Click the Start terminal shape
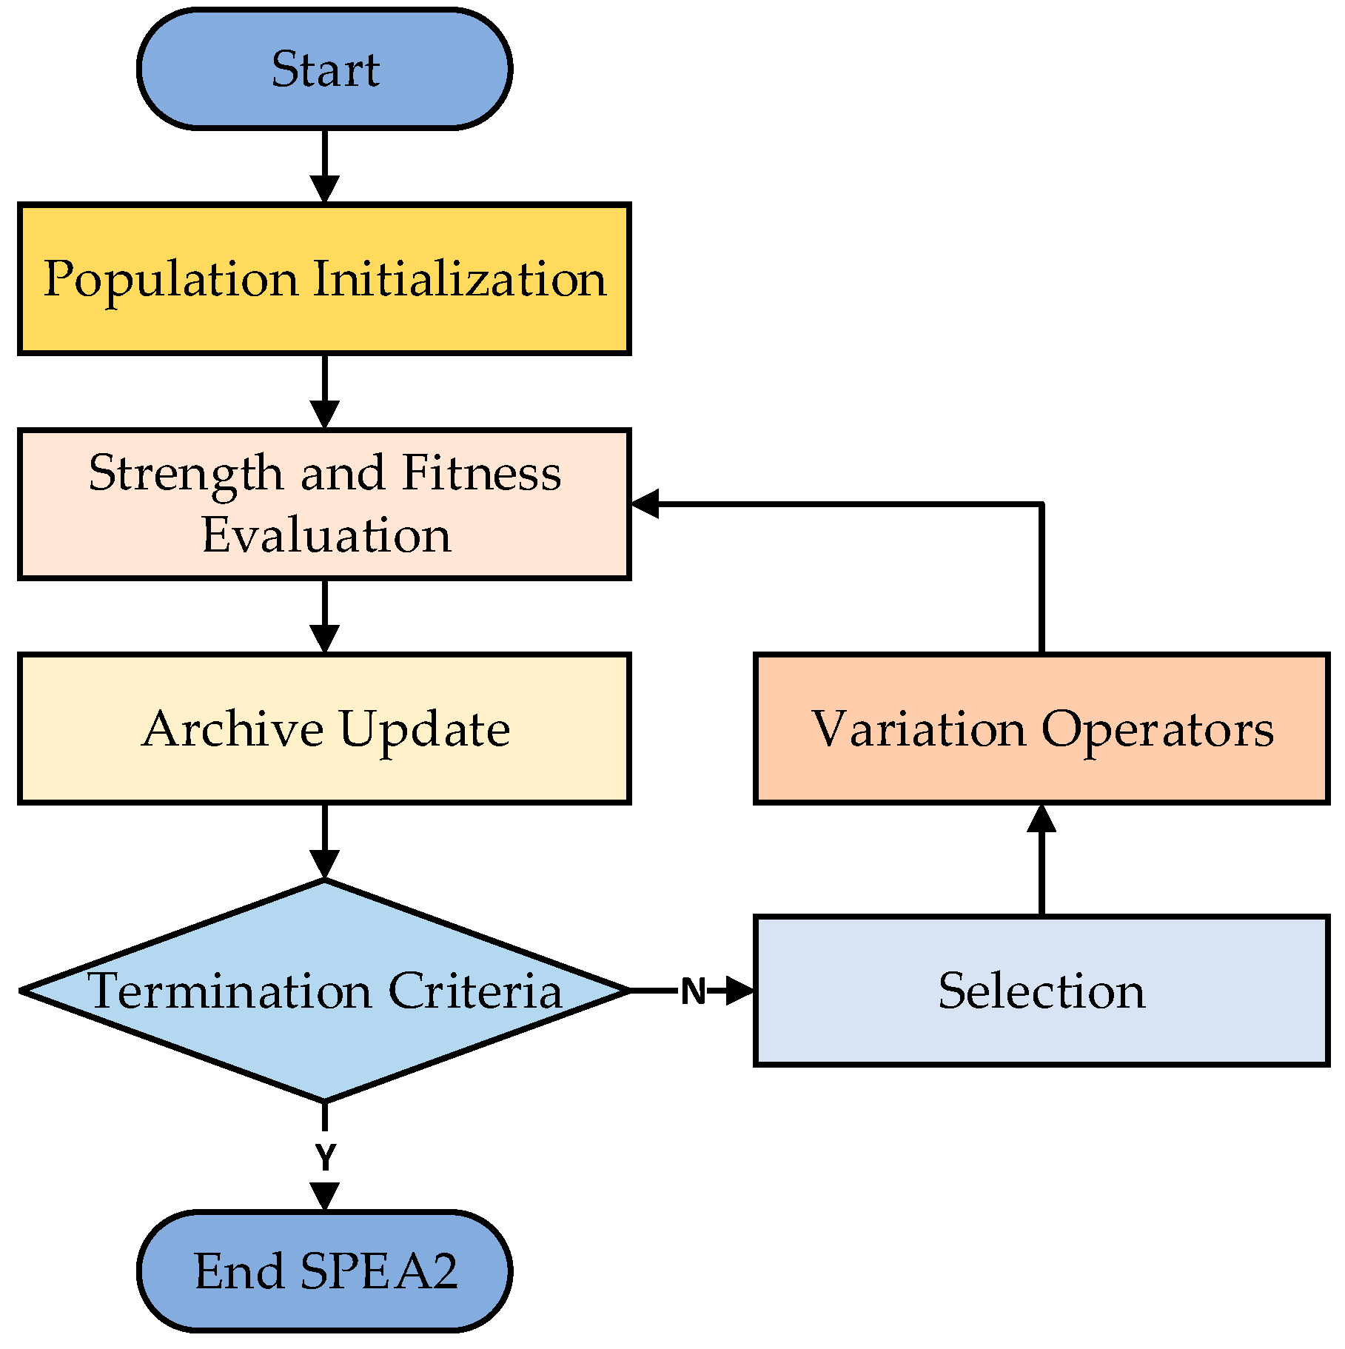point(324,69)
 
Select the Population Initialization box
point(324,279)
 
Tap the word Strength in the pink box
point(185,473)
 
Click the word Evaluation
point(326,535)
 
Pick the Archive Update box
point(324,729)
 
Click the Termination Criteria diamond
point(324,990)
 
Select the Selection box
point(1041,991)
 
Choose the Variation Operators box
point(1041,729)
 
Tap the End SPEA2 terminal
point(324,1271)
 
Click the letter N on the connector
point(693,991)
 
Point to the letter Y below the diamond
point(325,1156)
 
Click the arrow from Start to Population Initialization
point(324,167)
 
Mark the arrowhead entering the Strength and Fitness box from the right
point(644,504)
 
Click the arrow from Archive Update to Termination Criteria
point(324,841)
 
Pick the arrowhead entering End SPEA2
point(324,1196)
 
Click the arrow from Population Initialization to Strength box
point(324,391)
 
